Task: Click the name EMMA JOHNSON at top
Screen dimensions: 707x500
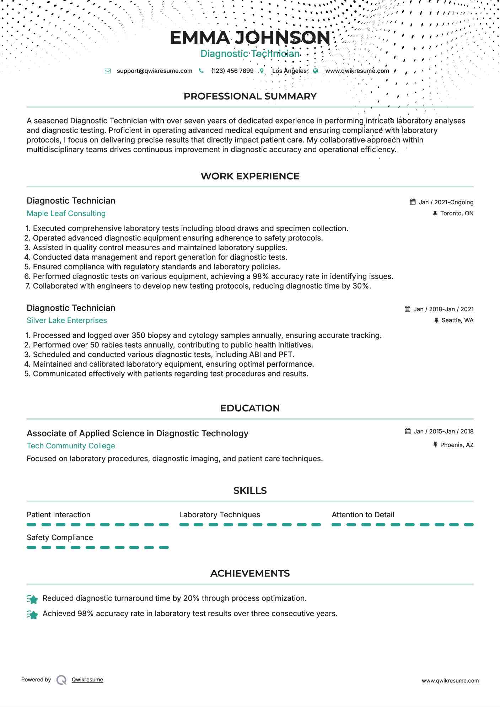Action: coord(250,38)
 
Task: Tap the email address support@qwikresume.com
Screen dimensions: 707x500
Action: coord(154,71)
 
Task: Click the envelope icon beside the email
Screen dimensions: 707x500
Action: coord(108,71)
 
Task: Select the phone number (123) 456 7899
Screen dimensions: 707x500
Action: coord(232,71)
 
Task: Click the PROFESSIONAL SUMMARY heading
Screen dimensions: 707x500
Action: coord(250,96)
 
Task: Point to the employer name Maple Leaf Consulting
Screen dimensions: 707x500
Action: coord(66,214)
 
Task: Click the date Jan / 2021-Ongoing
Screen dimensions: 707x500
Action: coord(446,202)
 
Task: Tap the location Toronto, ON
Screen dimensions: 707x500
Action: coord(456,213)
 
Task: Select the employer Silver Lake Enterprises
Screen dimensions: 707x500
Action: coord(67,320)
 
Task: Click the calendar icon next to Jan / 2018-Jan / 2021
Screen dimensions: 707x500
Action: coord(408,309)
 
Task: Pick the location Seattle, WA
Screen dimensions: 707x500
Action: coord(457,320)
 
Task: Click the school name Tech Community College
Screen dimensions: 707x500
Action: coord(71,446)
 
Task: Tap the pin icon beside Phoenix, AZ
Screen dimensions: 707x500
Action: coord(435,444)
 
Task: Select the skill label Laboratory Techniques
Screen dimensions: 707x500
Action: coord(219,515)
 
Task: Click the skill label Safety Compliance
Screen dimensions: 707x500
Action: coord(60,538)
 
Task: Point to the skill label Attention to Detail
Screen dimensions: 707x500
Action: coord(362,515)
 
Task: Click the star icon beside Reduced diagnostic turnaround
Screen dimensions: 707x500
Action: coord(32,599)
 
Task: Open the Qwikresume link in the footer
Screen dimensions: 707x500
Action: coord(87,680)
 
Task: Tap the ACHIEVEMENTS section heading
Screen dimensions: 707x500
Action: coord(250,573)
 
